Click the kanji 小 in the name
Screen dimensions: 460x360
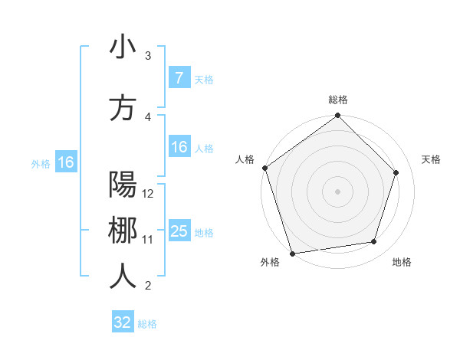pyautogui.click(x=123, y=47)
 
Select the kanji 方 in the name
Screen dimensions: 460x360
pyautogui.click(x=123, y=108)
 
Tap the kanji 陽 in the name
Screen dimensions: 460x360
pyautogui.click(x=123, y=185)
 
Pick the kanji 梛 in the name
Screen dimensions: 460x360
pyautogui.click(x=123, y=231)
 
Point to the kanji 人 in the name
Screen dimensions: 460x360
pyautogui.click(x=123, y=277)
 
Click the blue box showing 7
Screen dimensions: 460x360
pyautogui.click(x=179, y=78)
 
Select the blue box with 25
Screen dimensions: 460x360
pyautogui.click(x=179, y=231)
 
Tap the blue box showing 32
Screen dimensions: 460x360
pyautogui.click(x=123, y=322)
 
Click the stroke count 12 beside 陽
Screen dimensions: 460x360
pyautogui.click(x=149, y=193)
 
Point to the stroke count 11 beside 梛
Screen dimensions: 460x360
pyautogui.click(x=148, y=240)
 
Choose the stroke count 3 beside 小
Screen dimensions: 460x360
pyautogui.click(x=148, y=56)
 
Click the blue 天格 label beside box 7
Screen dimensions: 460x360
pyautogui.click(x=204, y=79)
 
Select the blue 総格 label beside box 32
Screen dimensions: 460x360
pyautogui.click(x=147, y=324)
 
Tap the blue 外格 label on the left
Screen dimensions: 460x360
pyautogui.click(x=41, y=163)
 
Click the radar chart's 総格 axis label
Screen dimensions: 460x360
pyautogui.click(x=338, y=100)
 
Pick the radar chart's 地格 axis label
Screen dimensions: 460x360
pyautogui.click(x=402, y=263)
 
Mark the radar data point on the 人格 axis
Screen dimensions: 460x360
pyautogui.click(x=265, y=168)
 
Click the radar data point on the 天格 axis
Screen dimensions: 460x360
pyautogui.click(x=396, y=172)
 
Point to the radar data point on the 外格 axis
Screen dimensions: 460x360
pyautogui.click(x=291, y=253)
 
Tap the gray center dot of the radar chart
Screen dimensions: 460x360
pyautogui.click(x=337, y=191)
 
